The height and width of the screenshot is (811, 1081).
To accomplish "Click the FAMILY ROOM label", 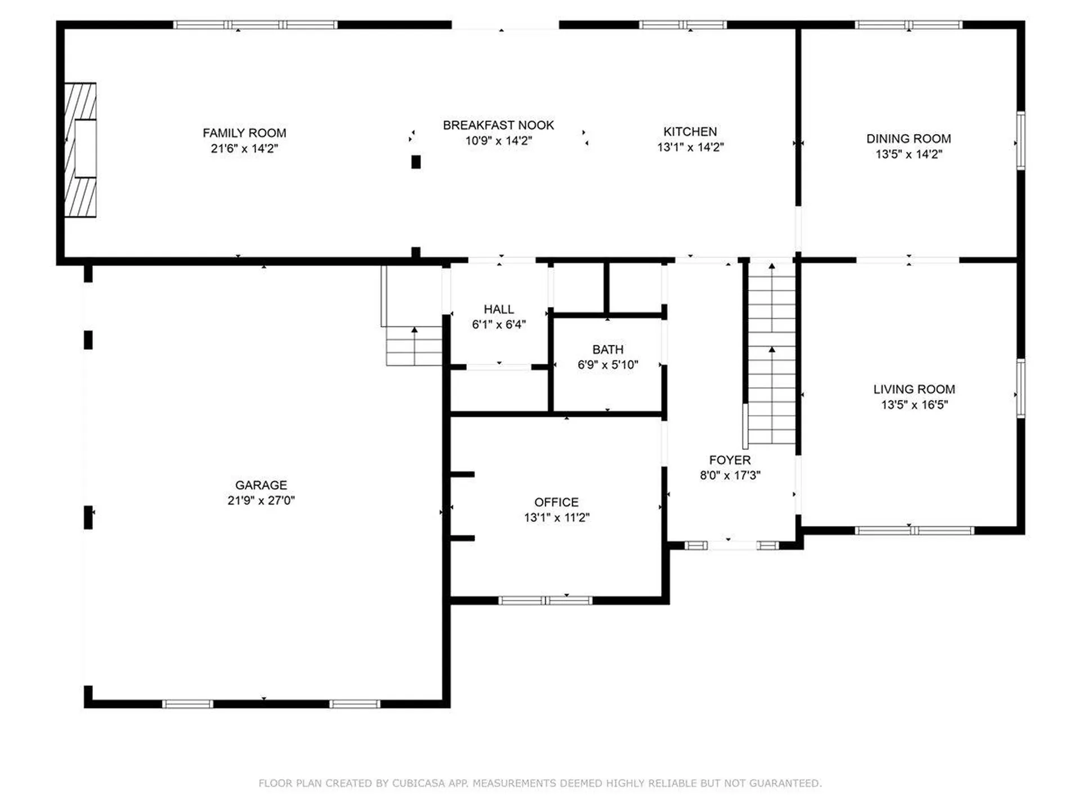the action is pos(244,133).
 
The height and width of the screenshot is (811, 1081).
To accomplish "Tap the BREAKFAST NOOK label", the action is pos(498,125).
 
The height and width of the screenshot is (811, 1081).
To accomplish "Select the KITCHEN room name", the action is pos(690,131).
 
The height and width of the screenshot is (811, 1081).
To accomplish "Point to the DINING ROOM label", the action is pos(908,139).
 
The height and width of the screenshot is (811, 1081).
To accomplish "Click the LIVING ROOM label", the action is pos(914,389).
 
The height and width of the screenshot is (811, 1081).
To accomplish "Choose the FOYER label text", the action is pos(730,460).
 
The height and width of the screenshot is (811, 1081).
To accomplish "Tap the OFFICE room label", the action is pos(556,502).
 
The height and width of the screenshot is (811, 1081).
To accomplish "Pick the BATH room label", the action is pos(607,350).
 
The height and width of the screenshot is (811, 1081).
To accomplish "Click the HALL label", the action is pos(498,309).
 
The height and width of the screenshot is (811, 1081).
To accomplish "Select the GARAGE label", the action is pos(261,485).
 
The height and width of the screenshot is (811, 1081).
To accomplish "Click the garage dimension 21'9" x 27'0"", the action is pos(261,500).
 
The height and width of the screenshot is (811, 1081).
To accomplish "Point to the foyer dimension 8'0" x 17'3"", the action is pos(730,475).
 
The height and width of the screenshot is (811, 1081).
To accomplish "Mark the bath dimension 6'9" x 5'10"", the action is pos(607,365).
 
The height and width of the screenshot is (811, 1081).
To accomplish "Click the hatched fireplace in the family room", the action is pos(80,150).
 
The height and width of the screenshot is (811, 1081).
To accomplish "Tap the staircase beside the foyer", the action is pos(771,353).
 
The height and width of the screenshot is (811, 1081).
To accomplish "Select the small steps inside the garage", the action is pos(414,346).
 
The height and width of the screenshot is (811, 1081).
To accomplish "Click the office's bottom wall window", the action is pos(545,600).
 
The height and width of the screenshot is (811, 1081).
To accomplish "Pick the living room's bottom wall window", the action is pos(914,531).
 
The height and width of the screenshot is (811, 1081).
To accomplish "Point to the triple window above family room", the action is pos(255,25).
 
